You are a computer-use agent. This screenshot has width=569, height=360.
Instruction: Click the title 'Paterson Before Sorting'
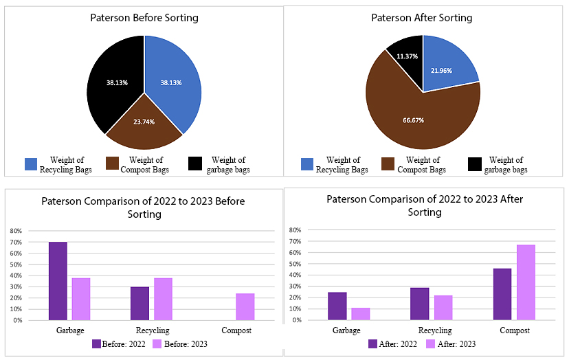(144, 18)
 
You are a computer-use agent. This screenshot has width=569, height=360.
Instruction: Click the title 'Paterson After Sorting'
(422, 18)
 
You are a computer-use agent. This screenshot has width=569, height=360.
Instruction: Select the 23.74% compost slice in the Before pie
(144, 124)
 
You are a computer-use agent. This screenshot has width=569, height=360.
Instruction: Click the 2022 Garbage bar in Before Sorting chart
(58, 281)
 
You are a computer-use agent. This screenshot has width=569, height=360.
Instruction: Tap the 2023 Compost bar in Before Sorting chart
(245, 306)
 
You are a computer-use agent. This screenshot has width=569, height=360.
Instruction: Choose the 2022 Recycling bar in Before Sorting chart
(140, 303)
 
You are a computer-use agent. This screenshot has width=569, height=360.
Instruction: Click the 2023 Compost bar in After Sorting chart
(526, 282)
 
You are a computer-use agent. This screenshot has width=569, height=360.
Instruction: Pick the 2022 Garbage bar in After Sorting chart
(337, 306)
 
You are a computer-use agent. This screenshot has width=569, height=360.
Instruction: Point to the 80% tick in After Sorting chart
(295, 230)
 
